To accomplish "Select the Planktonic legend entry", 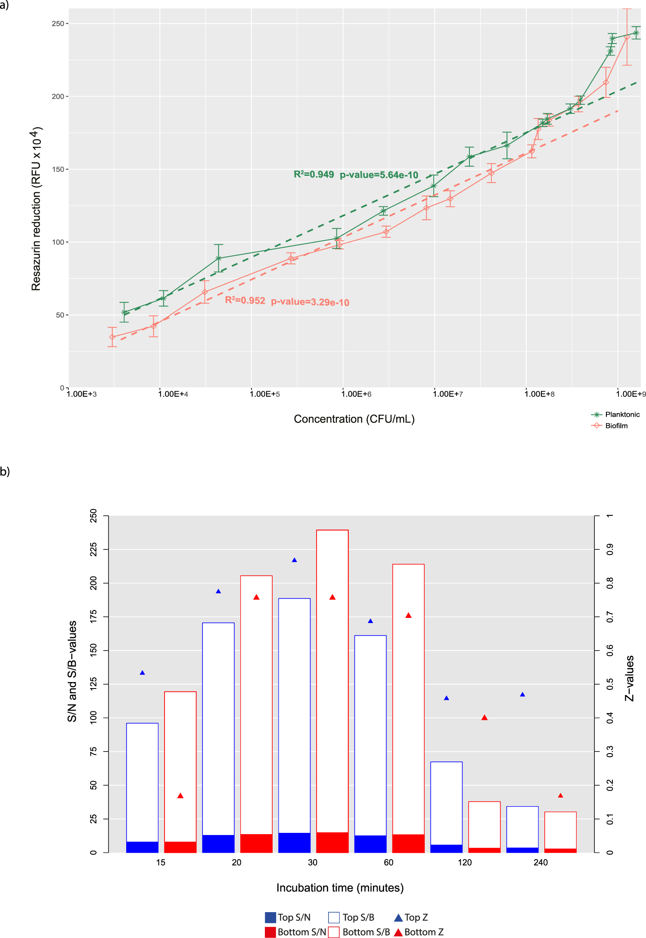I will pyautogui.click(x=616, y=414).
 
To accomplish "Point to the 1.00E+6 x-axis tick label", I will pyautogui.click(x=357, y=394).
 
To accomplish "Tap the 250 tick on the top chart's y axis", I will pyautogui.click(x=58, y=24).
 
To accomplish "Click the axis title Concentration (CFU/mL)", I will pyautogui.click(x=354, y=419).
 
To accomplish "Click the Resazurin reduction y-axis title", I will pyautogui.click(x=37, y=209).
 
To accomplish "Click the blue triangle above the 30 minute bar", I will pyautogui.click(x=295, y=560).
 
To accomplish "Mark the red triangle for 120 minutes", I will pyautogui.click(x=484, y=717).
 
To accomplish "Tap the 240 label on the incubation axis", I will pyautogui.click(x=540, y=862).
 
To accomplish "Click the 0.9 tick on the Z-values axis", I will pyautogui.click(x=610, y=550).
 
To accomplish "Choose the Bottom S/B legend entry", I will pyautogui.click(x=360, y=932).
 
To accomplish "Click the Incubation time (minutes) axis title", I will pyautogui.click(x=340, y=888).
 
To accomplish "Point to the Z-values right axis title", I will pyautogui.click(x=630, y=678).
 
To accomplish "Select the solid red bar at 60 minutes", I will pyautogui.click(x=408, y=843).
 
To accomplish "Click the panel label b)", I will pyautogui.click(x=5, y=471).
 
